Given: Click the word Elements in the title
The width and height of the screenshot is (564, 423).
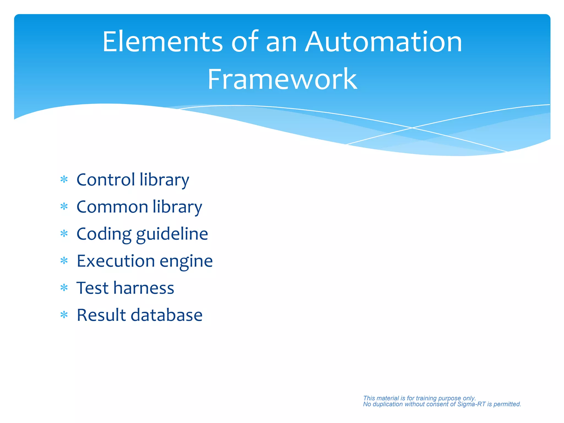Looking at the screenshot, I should pos(162,42).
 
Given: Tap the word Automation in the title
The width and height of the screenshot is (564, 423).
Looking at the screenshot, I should pos(384,42).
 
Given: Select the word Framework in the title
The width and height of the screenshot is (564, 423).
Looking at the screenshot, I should pos(282,79).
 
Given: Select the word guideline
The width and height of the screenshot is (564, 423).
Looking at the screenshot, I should pos(172,234).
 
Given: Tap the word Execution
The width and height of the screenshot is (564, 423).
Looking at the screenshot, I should pos(116,261).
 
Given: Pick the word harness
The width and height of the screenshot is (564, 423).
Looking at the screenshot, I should pos(144,288).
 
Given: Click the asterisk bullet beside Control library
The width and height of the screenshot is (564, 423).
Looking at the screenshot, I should pos(64,180).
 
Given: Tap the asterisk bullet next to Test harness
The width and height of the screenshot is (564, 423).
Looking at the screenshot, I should pos(64,288).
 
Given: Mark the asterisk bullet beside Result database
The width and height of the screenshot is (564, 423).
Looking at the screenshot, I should pos(64,315).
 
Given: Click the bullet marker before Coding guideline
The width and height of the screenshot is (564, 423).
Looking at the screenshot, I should pos(64,234).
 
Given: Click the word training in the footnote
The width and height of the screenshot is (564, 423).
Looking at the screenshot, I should pos(426,398).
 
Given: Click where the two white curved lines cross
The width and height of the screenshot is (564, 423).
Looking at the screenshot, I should pos(412,128).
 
